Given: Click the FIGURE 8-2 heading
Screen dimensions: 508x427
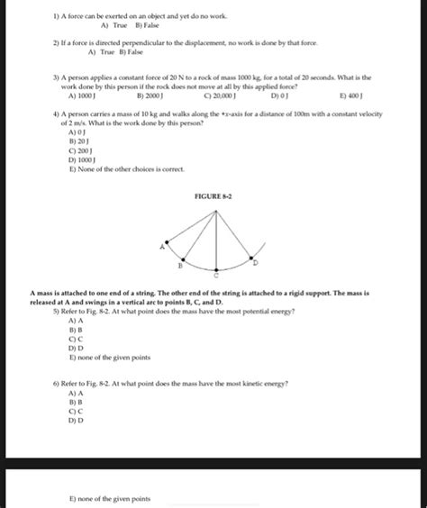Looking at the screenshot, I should point(213,195).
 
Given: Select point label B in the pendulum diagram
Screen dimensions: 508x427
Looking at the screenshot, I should point(179,265).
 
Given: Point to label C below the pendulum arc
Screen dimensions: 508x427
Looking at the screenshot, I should point(215,276).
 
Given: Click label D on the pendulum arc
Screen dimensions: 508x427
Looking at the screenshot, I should point(254,262).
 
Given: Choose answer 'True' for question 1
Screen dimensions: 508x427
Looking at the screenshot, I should point(94,27).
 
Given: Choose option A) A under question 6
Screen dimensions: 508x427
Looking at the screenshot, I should point(77,394).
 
